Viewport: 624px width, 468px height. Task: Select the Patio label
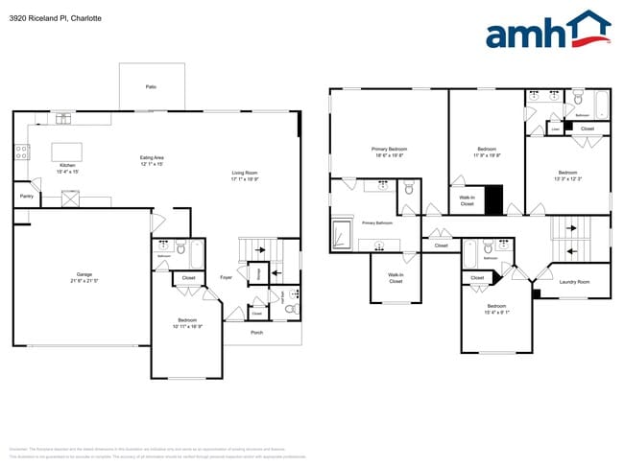(151, 86)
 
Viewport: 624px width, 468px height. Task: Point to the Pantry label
(26, 197)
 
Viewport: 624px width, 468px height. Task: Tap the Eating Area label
(153, 157)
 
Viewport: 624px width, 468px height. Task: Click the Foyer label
(226, 276)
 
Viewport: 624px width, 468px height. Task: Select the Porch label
(256, 332)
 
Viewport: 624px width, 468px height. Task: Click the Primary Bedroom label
(390, 149)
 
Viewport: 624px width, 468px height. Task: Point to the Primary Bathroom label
(377, 222)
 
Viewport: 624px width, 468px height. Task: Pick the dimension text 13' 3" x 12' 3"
(568, 177)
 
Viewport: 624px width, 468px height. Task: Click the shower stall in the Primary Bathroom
(343, 234)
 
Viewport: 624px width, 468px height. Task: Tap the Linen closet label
(556, 128)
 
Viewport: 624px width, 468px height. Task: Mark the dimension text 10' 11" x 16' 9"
(187, 326)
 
